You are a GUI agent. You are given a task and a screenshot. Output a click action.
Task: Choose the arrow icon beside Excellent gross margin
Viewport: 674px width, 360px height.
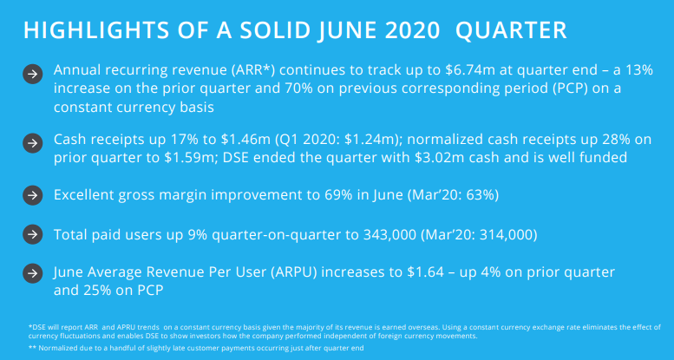click(31, 196)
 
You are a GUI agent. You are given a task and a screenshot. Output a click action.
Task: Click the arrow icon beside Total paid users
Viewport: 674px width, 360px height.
click(31, 235)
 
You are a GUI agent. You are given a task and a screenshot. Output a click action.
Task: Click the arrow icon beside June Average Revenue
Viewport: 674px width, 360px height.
click(31, 274)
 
